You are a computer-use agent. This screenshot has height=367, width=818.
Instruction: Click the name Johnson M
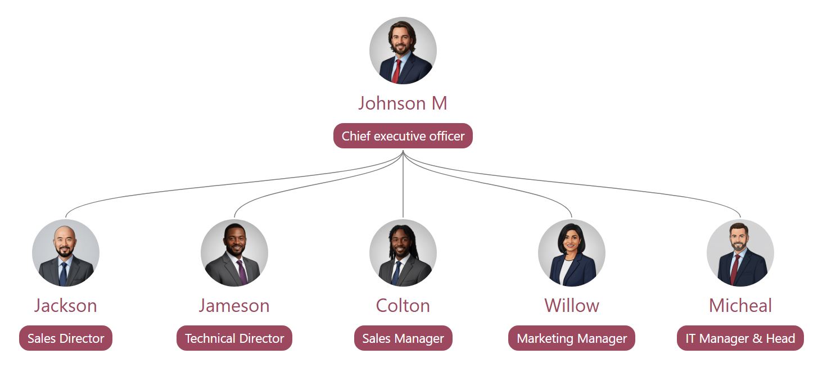tap(403, 103)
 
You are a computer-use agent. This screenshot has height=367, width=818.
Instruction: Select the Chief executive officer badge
tap(403, 136)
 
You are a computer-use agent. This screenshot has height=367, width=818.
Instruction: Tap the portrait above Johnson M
tap(403, 51)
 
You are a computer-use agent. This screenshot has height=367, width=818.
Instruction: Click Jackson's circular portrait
tap(66, 253)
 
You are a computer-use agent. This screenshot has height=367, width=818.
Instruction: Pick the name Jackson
tap(66, 306)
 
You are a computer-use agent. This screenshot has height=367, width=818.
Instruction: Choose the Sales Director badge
tap(66, 338)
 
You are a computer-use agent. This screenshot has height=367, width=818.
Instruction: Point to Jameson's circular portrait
tap(234, 253)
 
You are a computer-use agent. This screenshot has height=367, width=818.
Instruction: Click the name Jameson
tap(234, 306)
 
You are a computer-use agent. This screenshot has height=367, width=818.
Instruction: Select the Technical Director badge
tap(234, 338)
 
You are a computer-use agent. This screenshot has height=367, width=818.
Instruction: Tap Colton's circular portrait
tap(403, 253)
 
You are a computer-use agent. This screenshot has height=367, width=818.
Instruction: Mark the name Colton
tap(403, 306)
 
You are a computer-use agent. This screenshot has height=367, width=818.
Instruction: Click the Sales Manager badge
tap(403, 338)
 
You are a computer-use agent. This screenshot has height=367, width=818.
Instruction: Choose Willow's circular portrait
tap(572, 253)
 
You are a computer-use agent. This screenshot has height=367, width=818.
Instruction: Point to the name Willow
tap(572, 306)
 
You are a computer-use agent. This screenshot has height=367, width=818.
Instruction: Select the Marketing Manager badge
tap(572, 338)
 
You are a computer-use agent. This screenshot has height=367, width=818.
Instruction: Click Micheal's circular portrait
tap(740, 253)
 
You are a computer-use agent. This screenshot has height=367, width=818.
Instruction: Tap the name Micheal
tap(740, 306)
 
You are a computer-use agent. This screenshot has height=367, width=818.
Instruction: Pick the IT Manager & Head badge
tap(740, 338)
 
